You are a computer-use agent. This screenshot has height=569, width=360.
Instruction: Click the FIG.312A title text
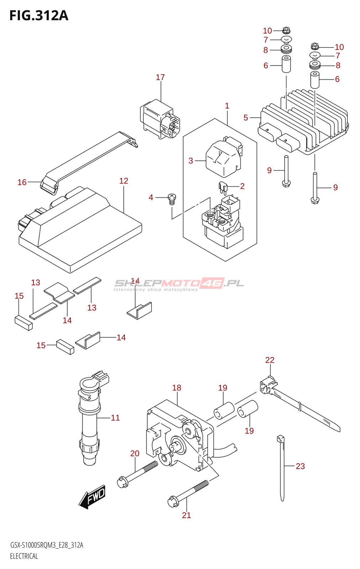39,16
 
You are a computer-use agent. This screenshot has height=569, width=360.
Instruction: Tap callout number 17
160,77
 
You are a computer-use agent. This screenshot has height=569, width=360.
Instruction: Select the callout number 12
124,181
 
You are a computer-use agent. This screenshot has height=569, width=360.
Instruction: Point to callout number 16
22,182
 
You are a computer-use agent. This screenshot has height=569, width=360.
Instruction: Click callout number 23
300,466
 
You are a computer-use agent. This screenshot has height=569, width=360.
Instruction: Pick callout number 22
270,360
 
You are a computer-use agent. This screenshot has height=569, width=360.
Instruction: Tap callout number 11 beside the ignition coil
115,418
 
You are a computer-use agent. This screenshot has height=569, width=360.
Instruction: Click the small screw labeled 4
172,199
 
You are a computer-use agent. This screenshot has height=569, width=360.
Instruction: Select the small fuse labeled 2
223,188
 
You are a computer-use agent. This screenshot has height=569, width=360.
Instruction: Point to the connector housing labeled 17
160,119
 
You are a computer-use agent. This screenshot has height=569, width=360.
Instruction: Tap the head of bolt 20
122,482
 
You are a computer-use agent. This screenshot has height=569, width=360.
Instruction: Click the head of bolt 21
173,501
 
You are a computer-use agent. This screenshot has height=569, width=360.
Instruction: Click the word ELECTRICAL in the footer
24,556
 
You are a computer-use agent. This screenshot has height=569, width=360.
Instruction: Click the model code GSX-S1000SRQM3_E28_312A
47,546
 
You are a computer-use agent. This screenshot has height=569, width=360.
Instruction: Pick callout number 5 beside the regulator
246,118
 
